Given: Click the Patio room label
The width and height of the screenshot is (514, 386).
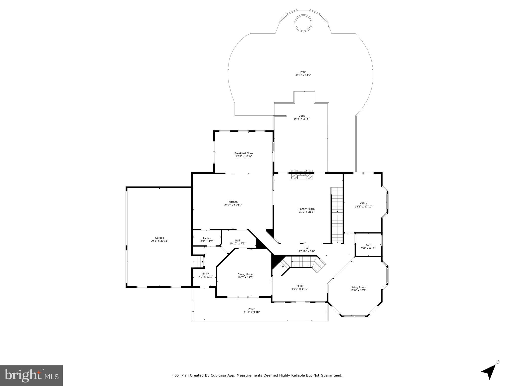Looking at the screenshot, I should click(x=303, y=72).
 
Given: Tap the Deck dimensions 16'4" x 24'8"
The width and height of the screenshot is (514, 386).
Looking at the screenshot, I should click(x=302, y=119).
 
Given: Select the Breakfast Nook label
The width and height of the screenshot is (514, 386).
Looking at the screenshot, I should click(x=244, y=153).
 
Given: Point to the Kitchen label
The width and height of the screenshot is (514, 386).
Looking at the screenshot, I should click(x=233, y=202).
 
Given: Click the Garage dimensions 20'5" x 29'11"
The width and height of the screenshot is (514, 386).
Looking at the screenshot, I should click(x=159, y=241).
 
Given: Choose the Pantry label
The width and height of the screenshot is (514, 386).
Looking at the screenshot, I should click(x=207, y=238).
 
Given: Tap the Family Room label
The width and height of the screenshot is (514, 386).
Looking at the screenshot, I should click(x=306, y=209).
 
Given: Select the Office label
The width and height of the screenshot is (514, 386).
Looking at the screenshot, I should click(x=363, y=204).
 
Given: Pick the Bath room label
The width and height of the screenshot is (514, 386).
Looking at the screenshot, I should click(x=368, y=245).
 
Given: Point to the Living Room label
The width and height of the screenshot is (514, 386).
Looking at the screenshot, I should click(x=358, y=287).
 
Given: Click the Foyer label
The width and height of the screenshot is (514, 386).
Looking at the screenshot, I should click(x=300, y=286).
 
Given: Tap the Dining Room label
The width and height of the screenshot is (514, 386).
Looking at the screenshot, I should click(x=245, y=274).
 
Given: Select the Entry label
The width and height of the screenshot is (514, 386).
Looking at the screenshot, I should click(x=205, y=274).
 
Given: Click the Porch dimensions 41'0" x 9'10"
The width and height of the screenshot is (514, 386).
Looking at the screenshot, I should click(x=252, y=312).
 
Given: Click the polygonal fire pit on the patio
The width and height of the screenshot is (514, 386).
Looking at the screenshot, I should click(x=303, y=23).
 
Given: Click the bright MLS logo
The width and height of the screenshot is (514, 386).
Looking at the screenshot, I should click(x=31, y=376).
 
